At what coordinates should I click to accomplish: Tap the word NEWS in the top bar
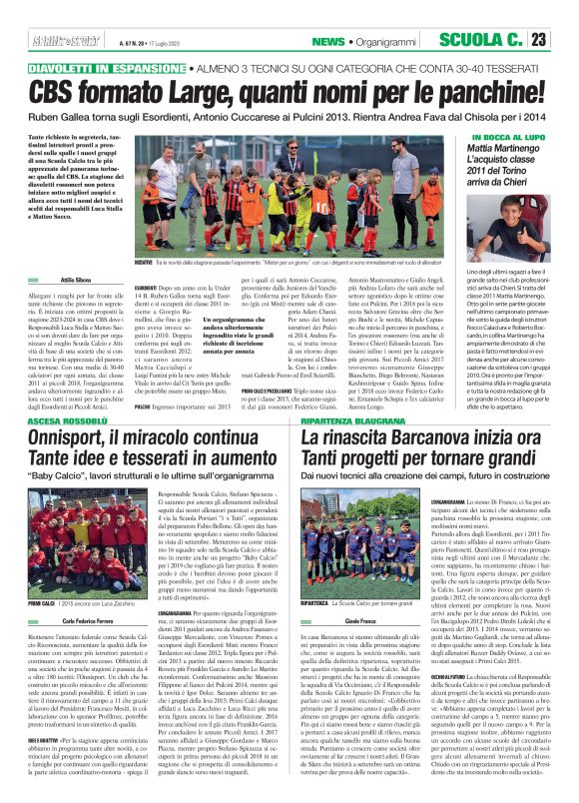coord(325,41)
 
